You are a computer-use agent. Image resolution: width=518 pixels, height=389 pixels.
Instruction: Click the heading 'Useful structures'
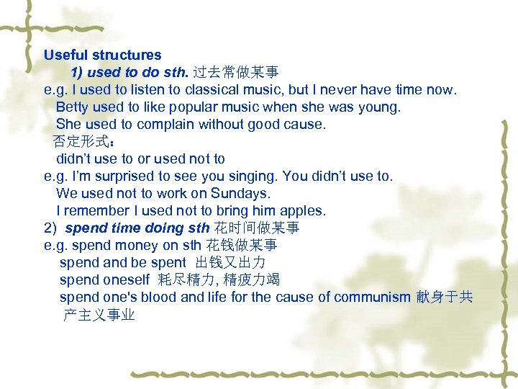[x=102, y=55]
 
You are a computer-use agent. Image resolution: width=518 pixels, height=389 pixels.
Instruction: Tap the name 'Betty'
[x=72, y=107]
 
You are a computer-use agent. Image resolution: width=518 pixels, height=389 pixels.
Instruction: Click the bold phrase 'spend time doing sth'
[x=137, y=228]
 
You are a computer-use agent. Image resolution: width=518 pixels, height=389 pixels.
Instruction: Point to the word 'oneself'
[x=126, y=280]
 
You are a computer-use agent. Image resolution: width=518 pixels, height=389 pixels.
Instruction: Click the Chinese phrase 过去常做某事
[x=236, y=73]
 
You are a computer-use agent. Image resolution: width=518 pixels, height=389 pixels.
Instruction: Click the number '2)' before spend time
[x=50, y=228]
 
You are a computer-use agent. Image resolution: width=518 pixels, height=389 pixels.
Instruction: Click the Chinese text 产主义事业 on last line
[x=99, y=315]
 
